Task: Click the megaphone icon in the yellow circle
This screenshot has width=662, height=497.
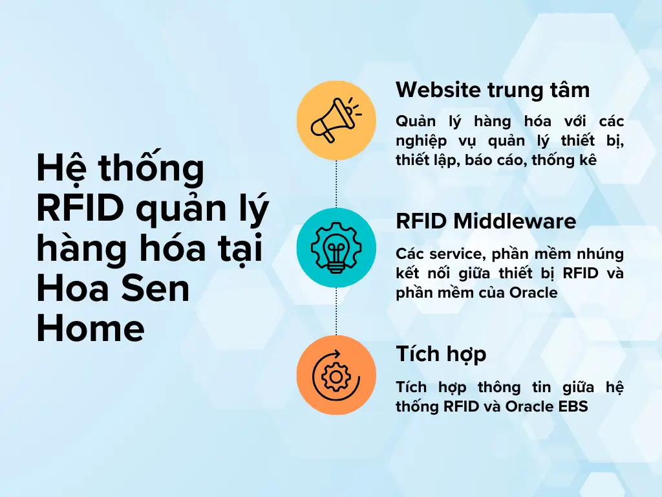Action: coord(336,120)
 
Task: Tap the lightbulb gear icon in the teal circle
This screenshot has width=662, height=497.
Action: coord(336,248)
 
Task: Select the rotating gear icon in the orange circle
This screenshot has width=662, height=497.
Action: coord(336,375)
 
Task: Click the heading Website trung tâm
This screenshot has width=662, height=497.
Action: coord(493,89)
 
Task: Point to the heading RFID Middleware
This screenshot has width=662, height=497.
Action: coord(486,221)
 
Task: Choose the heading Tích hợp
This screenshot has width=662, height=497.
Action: coord(441,354)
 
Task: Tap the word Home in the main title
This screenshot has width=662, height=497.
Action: coord(90,329)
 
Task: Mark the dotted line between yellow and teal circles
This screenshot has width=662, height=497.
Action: coord(336,184)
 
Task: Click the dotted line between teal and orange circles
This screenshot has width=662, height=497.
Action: coord(336,311)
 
